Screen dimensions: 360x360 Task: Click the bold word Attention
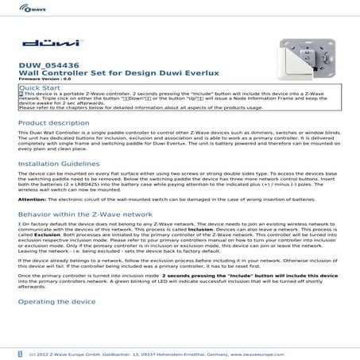coord(31,199)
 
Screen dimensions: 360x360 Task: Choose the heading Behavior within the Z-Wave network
coord(84,214)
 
